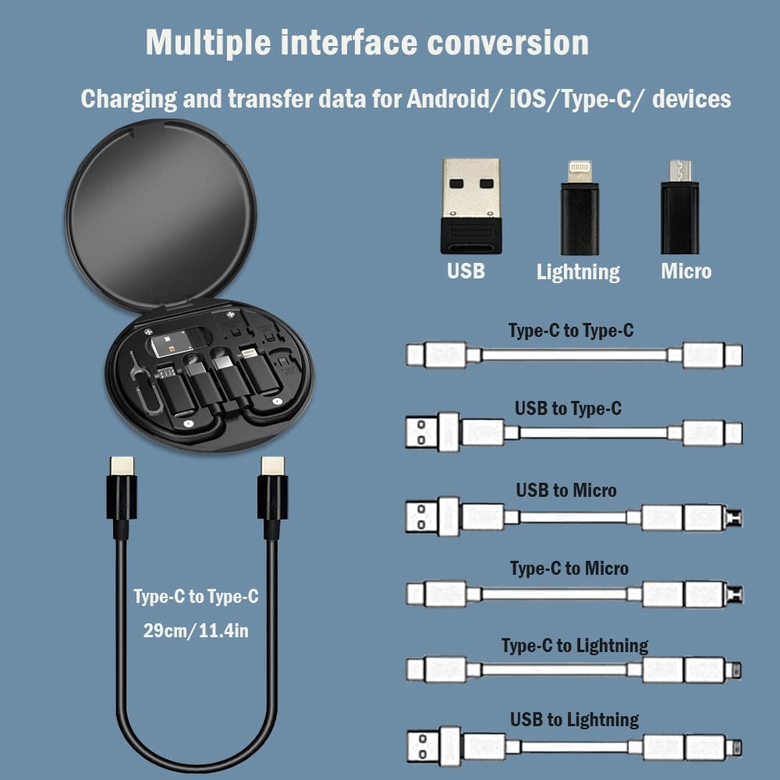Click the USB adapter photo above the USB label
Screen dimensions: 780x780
coord(470,206)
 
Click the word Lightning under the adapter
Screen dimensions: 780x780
coord(578,271)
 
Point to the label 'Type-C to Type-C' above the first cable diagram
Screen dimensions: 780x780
coord(571,331)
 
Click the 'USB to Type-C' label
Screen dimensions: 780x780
coord(568,408)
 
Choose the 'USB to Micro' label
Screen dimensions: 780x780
coord(566,490)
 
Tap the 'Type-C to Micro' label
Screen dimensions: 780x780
coord(569,568)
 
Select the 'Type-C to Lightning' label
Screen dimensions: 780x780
coord(575,645)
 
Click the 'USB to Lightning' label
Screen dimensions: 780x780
coord(575,719)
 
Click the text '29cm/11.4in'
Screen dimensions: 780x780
coord(196,630)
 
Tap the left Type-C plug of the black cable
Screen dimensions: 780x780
coord(122,491)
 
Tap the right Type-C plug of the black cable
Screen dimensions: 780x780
coord(272,491)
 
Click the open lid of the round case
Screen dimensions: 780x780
coord(160,211)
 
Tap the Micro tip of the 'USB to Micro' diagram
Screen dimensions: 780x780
coord(734,517)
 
